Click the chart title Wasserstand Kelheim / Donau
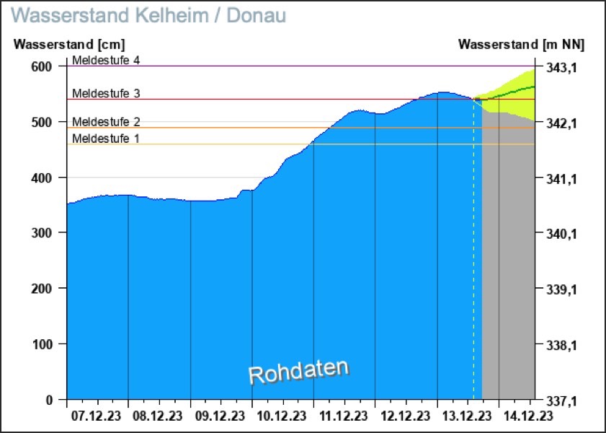(x=149, y=14)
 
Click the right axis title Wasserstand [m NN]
(x=521, y=44)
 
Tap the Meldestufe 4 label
(x=106, y=61)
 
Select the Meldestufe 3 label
(x=106, y=94)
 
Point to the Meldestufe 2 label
(x=106, y=122)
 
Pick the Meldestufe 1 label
(x=106, y=139)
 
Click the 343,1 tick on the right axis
(x=559, y=67)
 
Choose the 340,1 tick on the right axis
(x=559, y=234)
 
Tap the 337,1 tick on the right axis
(x=559, y=400)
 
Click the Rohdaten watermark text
(x=298, y=371)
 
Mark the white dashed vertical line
(x=473, y=253)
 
